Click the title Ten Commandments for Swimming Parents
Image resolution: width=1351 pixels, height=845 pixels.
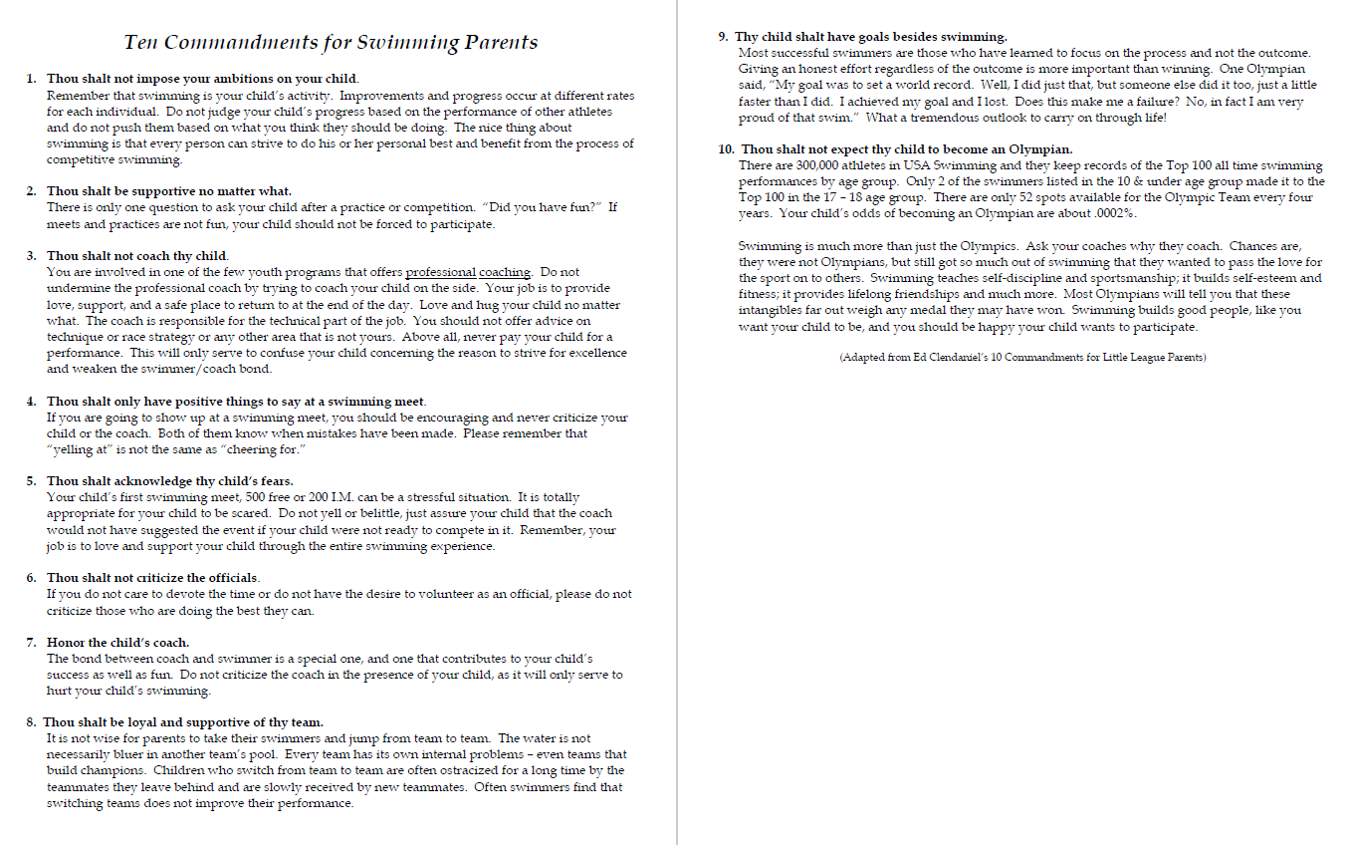click(x=331, y=42)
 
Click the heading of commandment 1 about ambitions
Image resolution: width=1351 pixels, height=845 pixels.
click(x=202, y=79)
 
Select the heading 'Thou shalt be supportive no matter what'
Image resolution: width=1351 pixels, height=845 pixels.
click(x=169, y=191)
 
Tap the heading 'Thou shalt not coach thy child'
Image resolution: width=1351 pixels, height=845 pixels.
click(x=137, y=256)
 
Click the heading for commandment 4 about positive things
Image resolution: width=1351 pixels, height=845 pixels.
click(x=236, y=402)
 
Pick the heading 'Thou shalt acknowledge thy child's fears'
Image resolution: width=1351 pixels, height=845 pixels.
click(x=169, y=481)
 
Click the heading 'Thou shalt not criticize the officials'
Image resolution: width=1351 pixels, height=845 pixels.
click(x=152, y=578)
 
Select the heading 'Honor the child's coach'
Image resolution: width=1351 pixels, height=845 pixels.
click(x=117, y=643)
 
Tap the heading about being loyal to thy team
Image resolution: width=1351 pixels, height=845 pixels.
click(x=183, y=722)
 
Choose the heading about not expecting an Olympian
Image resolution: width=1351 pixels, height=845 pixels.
click(x=906, y=149)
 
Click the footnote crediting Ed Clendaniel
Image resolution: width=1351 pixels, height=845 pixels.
click(x=1021, y=358)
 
